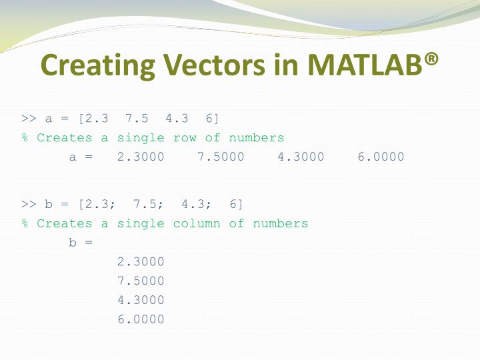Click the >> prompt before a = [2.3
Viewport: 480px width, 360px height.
29,119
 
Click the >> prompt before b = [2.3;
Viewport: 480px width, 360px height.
29,204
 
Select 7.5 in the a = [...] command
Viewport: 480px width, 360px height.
137,119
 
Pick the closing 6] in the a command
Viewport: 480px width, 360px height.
213,119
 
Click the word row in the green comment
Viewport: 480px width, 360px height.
185,138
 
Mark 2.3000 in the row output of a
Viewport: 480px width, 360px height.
140,157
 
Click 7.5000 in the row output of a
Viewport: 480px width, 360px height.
221,157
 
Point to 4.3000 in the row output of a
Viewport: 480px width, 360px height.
301,157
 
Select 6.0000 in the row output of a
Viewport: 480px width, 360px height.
381,157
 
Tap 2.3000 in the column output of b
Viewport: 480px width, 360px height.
141,262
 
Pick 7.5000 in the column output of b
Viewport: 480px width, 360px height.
141,281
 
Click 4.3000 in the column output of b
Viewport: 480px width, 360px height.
141,300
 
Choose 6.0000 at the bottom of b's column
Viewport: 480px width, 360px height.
141,319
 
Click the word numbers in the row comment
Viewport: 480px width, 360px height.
257,138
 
